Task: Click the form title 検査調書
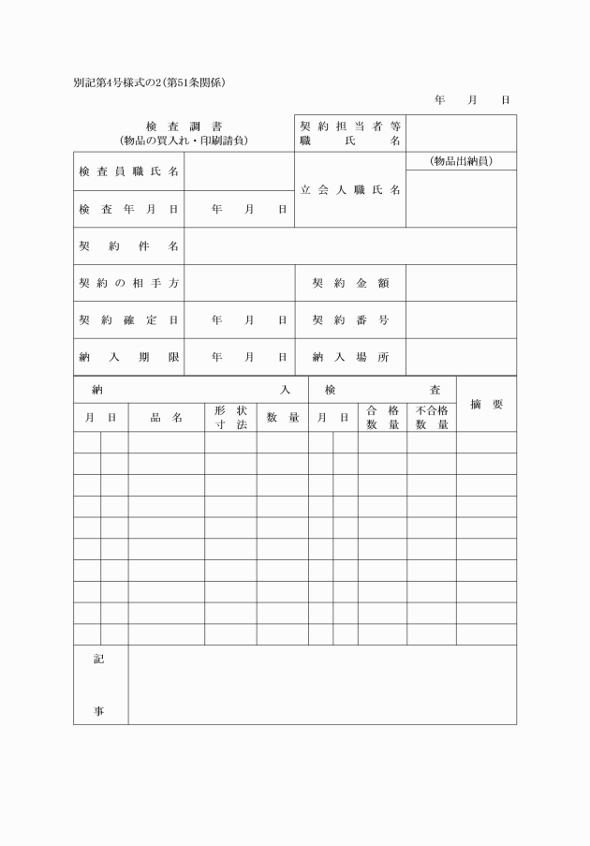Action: click(184, 126)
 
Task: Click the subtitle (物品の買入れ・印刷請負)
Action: click(184, 141)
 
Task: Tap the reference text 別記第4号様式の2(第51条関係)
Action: click(150, 82)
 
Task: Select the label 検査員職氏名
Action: click(128, 172)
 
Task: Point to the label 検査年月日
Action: click(128, 210)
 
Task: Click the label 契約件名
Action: click(128, 246)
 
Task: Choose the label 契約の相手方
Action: click(128, 283)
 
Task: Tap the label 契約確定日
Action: click(128, 319)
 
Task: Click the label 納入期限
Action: click(128, 357)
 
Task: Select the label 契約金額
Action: click(350, 283)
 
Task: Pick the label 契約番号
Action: click(350, 319)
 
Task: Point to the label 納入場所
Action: click(350, 357)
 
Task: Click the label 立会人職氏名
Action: click(350, 190)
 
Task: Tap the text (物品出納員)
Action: click(461, 161)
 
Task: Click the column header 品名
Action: click(166, 418)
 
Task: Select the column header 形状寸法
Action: click(230, 418)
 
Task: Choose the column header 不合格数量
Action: click(432, 418)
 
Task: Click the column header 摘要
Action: click(486, 405)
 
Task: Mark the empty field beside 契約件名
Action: click(350, 246)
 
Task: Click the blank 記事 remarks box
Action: click(322, 685)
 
